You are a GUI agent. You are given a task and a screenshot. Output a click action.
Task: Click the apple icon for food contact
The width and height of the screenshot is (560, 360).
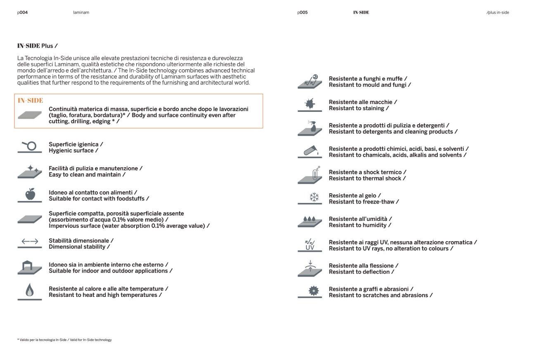pyautogui.click(x=30, y=194)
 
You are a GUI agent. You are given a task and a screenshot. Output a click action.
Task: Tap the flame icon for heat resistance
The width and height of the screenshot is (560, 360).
pyautogui.click(x=29, y=290)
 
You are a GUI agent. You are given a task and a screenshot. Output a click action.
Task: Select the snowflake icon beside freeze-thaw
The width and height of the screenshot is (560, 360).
pyautogui.click(x=314, y=197)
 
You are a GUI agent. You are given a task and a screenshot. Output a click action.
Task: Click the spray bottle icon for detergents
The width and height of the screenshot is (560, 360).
pyautogui.click(x=312, y=127)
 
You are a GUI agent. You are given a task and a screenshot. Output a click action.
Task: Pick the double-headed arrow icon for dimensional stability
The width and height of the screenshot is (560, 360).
pyautogui.click(x=30, y=242)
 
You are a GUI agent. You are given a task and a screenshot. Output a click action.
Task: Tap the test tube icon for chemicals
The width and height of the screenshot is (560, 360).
pyautogui.click(x=311, y=150)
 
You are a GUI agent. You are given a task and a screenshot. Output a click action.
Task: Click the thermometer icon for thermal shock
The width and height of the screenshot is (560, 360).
pyautogui.click(x=316, y=173)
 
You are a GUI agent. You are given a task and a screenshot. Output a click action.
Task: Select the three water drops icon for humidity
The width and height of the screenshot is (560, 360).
pyautogui.click(x=309, y=219)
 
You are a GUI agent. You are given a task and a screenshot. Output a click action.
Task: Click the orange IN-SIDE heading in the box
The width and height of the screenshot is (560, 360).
pyautogui.click(x=30, y=100)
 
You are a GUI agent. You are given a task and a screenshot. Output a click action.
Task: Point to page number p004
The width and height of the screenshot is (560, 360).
pyautogui.click(x=23, y=12)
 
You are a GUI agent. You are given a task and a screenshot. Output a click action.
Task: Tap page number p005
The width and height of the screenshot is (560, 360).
pyautogui.click(x=302, y=12)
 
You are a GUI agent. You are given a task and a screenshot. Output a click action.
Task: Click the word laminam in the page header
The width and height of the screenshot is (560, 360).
pyautogui.click(x=81, y=12)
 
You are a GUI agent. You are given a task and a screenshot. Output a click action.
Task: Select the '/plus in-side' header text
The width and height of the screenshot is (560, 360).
pyautogui.click(x=498, y=12)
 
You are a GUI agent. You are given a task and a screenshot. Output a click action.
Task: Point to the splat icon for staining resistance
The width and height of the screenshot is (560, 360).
pyautogui.click(x=310, y=103)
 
